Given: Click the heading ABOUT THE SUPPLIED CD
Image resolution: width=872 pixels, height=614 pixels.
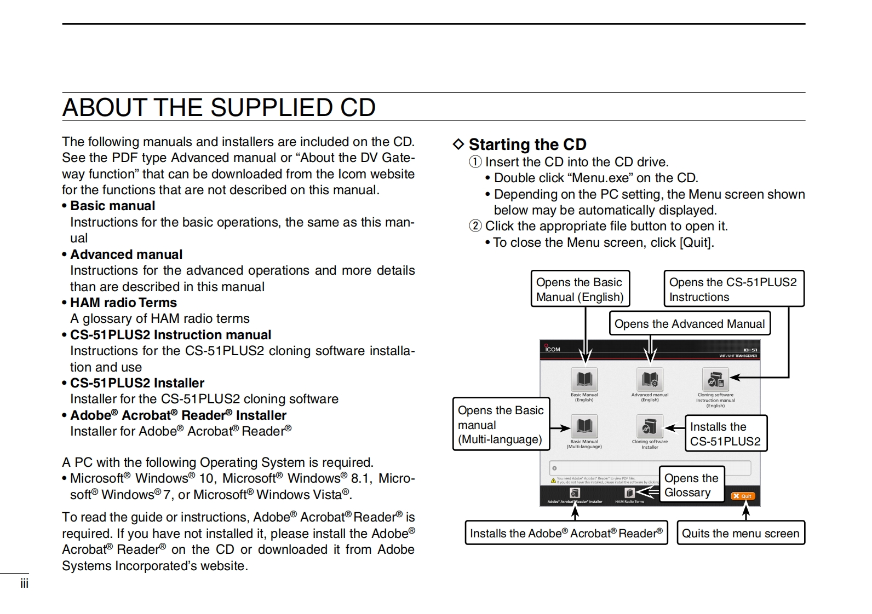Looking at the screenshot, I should pyautogui.click(x=219, y=107).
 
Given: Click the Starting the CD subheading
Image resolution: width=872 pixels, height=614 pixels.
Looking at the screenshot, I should pyautogui.click(x=527, y=144).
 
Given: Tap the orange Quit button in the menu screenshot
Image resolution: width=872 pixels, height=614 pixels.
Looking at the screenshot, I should pyautogui.click(x=742, y=496).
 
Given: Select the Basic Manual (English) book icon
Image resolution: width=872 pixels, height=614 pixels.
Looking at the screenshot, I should pyautogui.click(x=584, y=379).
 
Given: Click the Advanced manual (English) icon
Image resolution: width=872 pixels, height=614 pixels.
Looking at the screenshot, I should pyautogui.click(x=650, y=379).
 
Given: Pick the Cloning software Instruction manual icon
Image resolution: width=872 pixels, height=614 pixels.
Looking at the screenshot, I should pyautogui.click(x=715, y=379).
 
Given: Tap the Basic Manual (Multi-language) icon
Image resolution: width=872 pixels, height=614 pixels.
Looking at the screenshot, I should pyautogui.click(x=584, y=426).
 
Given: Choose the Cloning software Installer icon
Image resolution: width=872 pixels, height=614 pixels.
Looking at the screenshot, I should pyautogui.click(x=650, y=426).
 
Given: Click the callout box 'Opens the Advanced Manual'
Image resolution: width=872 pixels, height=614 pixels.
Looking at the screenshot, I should pyautogui.click(x=690, y=323).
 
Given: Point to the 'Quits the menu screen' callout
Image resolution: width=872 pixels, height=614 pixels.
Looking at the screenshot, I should pyautogui.click(x=741, y=533).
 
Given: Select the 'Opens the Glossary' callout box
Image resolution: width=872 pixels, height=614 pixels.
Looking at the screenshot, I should pyautogui.click(x=691, y=485).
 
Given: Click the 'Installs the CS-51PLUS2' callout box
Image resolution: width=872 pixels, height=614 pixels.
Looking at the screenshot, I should pyautogui.click(x=725, y=433).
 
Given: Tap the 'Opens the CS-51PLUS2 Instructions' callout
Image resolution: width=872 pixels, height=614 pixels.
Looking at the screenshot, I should pyautogui.click(x=733, y=289).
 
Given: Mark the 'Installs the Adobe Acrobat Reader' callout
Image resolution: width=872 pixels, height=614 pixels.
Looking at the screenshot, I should pyautogui.click(x=566, y=533).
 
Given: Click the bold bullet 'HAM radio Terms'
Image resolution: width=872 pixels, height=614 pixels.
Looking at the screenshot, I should pyautogui.click(x=123, y=303).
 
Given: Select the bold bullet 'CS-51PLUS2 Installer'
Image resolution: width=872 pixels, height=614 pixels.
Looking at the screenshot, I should pyautogui.click(x=137, y=383).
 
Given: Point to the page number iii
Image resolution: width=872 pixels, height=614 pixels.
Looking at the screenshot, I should pyautogui.click(x=24, y=583).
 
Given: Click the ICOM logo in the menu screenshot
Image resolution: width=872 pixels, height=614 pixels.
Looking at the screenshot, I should pyautogui.click(x=552, y=349).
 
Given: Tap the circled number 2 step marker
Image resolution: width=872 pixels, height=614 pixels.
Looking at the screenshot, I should pyautogui.click(x=475, y=226).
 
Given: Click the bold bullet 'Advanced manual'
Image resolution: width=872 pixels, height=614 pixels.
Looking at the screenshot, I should pyautogui.click(x=126, y=254).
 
